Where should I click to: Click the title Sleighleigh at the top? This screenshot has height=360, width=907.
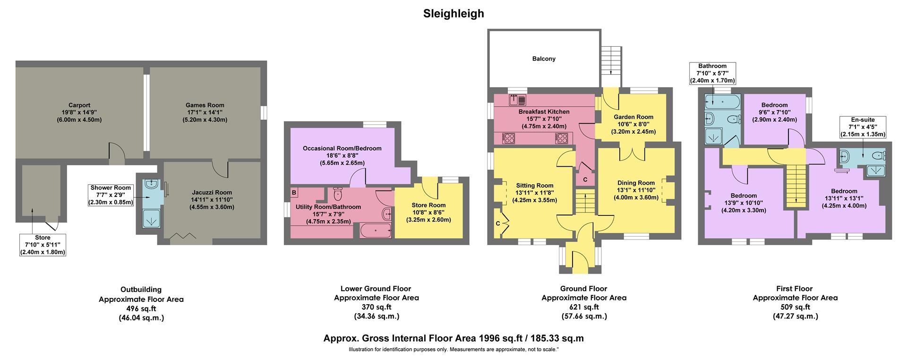(453, 13)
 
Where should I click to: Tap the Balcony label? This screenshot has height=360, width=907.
(544, 59)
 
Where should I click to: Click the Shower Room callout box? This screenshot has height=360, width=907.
(111, 195)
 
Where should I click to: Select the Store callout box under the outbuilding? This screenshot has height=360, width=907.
(43, 245)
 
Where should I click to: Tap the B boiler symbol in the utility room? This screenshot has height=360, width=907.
(294, 193)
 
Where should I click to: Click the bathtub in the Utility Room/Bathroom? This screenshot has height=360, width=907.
(375, 231)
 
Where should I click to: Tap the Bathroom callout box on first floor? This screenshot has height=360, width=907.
(712, 73)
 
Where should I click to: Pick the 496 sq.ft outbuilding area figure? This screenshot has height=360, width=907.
(141, 309)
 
